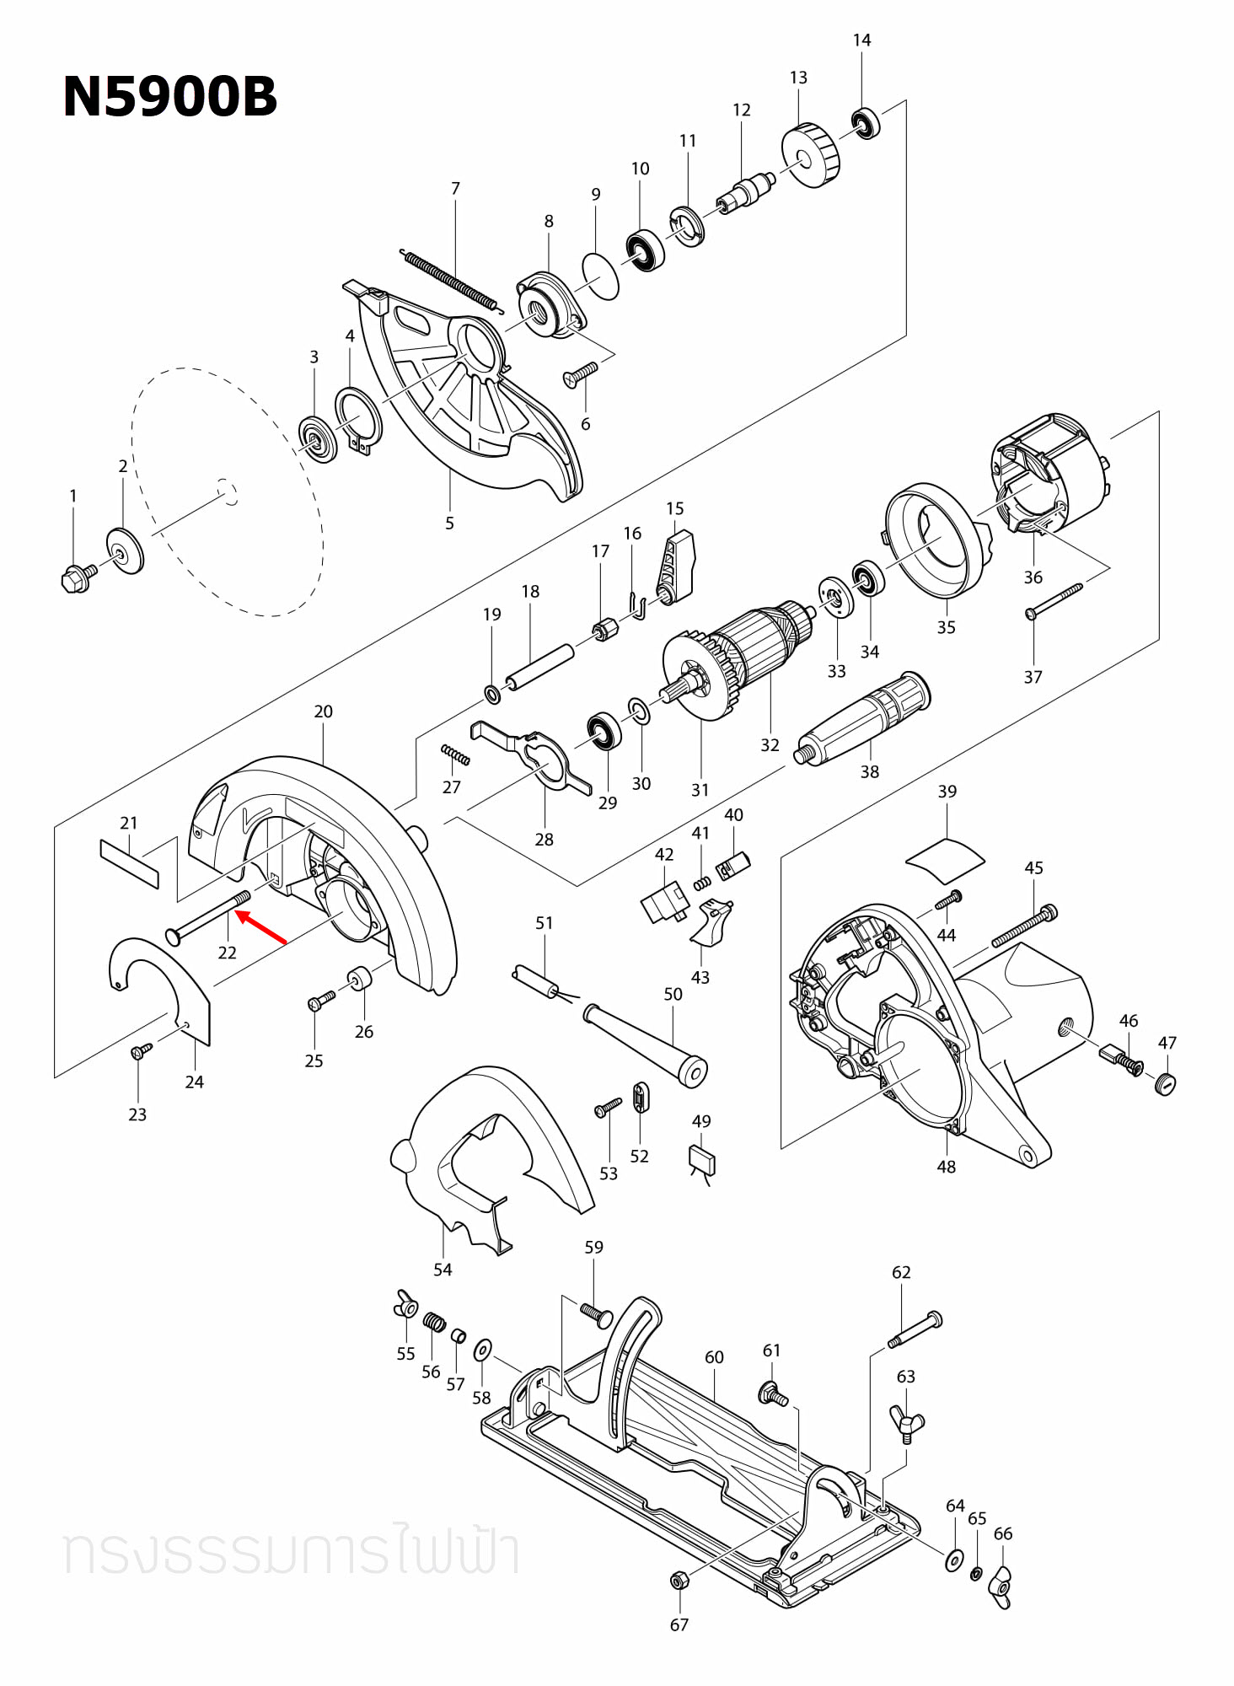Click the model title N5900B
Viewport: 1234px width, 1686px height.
[x=169, y=96]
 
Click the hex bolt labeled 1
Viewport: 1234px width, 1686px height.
[x=78, y=577]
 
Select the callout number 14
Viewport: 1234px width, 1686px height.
[x=861, y=40]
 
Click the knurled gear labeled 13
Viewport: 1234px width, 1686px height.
[x=812, y=155]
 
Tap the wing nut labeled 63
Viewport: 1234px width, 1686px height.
[x=907, y=1424]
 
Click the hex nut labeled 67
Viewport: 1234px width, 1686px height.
[x=678, y=1581]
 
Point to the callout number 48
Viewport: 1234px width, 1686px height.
[x=946, y=1167]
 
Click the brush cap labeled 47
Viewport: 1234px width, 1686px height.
[x=1166, y=1084]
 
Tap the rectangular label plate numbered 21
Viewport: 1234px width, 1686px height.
[x=129, y=863]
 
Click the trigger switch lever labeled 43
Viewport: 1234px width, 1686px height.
[x=711, y=922]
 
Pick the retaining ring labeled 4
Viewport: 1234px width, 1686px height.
[x=357, y=417]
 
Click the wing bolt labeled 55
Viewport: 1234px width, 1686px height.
[x=405, y=1306]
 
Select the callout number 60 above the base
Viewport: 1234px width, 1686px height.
[x=714, y=1357]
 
